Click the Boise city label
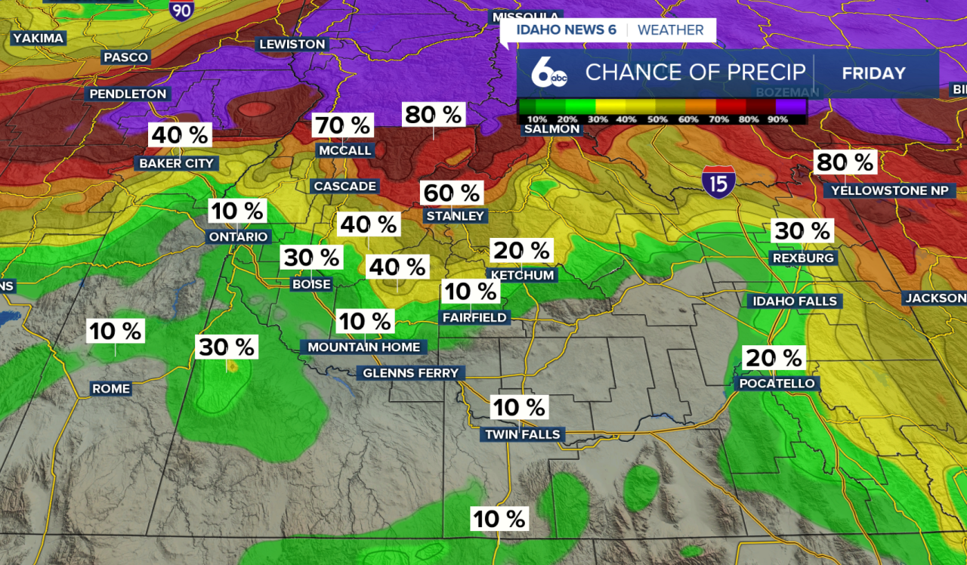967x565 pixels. pyautogui.click(x=311, y=284)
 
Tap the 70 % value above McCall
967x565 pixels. pyautogui.click(x=343, y=125)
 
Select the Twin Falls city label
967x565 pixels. pyautogui.click(x=522, y=434)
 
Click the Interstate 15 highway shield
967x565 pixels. pyautogui.click(x=718, y=182)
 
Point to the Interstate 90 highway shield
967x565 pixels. pyautogui.click(x=181, y=9)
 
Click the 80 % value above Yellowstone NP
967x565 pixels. pyautogui.click(x=845, y=162)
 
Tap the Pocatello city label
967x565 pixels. pyautogui.click(x=777, y=384)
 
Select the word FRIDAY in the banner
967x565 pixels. pyautogui.click(x=873, y=73)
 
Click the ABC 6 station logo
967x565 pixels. pyautogui.click(x=548, y=73)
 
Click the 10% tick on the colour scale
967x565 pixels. pyautogui.click(x=536, y=119)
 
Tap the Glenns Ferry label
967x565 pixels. pyautogui.click(x=410, y=373)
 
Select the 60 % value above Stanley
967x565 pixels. pyautogui.click(x=451, y=193)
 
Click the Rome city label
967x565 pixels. pyautogui.click(x=111, y=389)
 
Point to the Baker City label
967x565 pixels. pyautogui.click(x=177, y=163)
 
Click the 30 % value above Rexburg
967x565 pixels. pyautogui.click(x=801, y=231)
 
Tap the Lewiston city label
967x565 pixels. pyautogui.click(x=292, y=45)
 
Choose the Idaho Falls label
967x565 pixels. pyautogui.click(x=795, y=301)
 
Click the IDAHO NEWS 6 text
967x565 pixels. pyautogui.click(x=566, y=30)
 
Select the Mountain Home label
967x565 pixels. pyautogui.click(x=363, y=347)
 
